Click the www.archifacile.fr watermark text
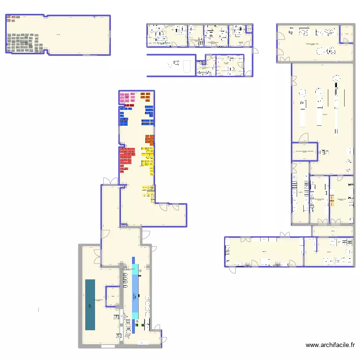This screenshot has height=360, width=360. coord(330,345)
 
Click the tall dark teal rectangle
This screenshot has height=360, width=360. coord(90,304)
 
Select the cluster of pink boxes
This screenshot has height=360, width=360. coord(127,97)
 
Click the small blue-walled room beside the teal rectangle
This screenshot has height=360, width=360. coord(112,297)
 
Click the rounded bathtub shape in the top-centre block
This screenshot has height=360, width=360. coord(187,66)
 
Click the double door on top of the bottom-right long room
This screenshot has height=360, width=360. coord(286,235)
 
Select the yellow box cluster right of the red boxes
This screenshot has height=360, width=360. coord(147,158)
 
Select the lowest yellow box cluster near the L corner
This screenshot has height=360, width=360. coord(147,192)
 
